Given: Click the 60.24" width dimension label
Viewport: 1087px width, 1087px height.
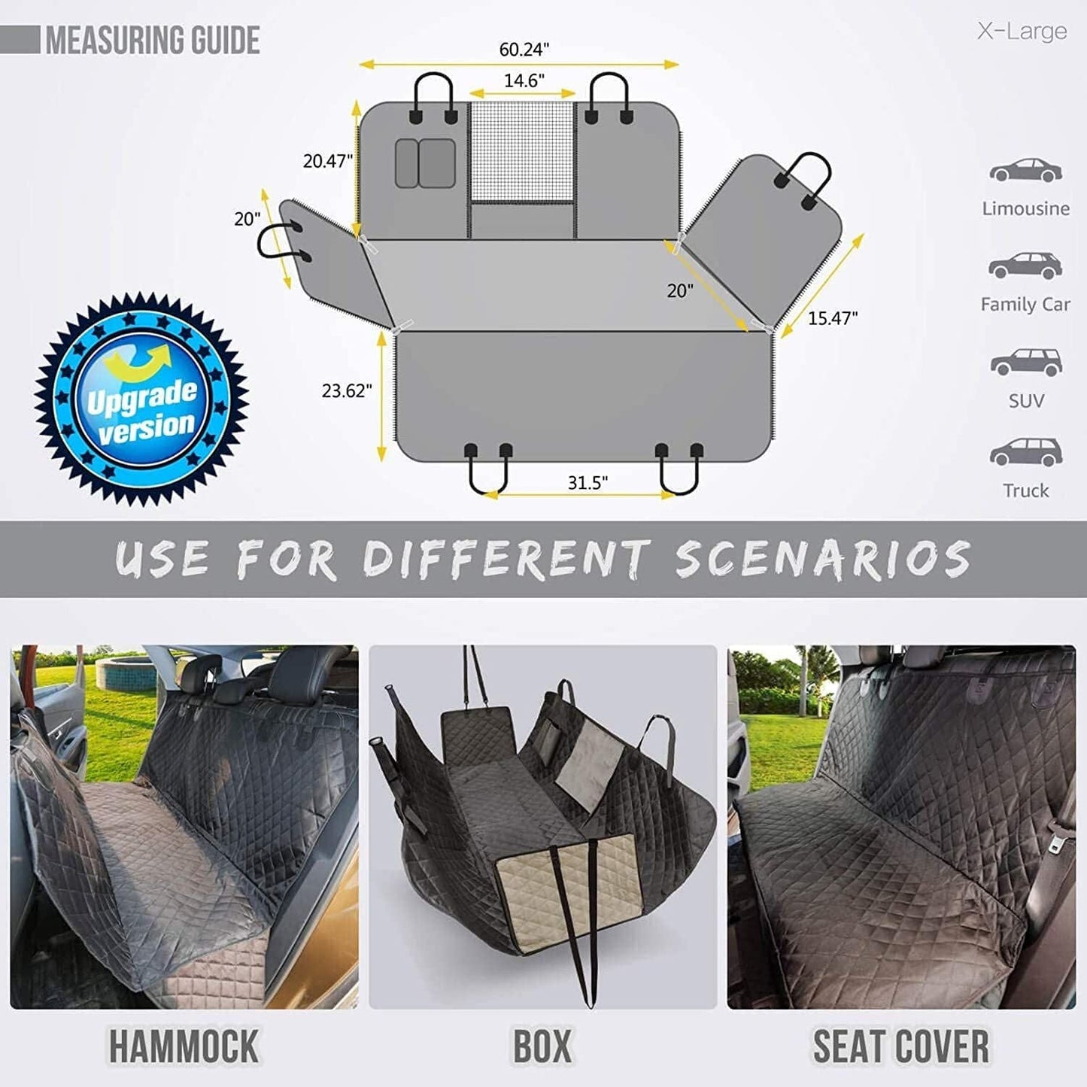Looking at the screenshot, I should pos(524,50).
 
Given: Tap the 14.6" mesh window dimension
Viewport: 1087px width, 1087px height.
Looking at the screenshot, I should pos(524,80).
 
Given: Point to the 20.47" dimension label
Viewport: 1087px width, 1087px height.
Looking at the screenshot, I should pos(327,160).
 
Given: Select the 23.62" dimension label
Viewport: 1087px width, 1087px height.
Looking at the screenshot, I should pos(347,390).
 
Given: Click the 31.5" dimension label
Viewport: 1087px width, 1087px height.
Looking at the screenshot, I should pos(588,482).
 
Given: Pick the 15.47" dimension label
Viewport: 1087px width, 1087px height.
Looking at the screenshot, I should pos(833,318).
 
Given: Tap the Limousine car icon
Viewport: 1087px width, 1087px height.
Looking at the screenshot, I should pos(1025,171).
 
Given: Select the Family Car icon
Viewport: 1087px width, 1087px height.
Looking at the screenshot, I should pos(1025,266).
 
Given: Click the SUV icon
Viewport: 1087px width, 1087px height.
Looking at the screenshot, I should pos(1026,362).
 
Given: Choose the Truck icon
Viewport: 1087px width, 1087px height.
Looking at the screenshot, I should pos(1025,451).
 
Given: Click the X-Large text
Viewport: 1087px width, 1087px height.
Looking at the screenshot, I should pos(1022,32).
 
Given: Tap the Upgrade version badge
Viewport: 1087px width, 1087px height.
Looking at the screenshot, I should pos(141,399).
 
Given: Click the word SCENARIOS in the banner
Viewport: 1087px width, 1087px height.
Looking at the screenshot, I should pos(823,559).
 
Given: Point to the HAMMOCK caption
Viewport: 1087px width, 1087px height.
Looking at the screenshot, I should pos(184,1046).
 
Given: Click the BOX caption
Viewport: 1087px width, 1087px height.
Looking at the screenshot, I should pos(542,1046).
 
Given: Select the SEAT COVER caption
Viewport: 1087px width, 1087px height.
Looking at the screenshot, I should pos(900,1046).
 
